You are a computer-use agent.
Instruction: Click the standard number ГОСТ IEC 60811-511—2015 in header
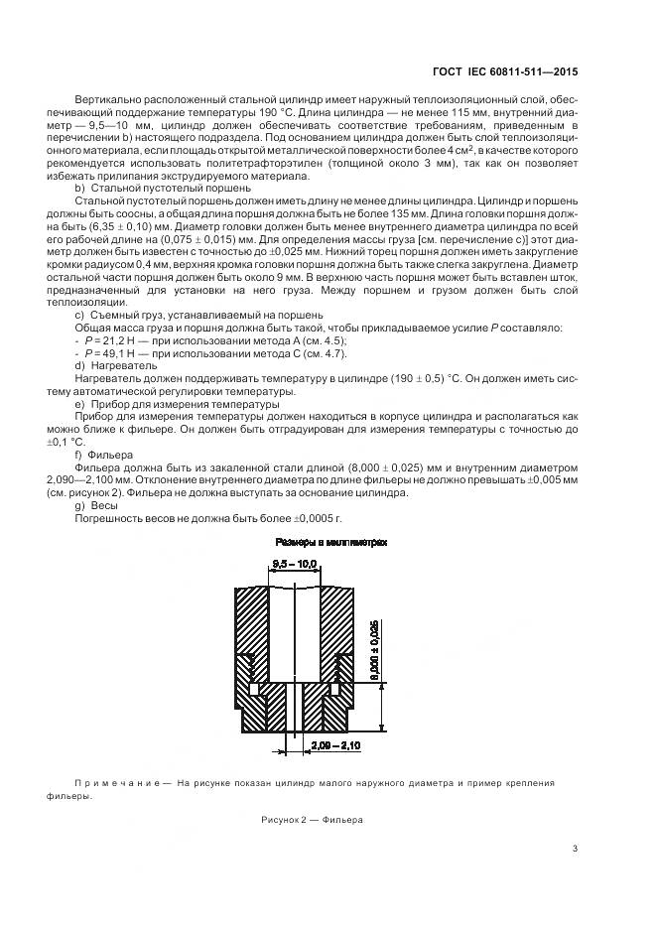(x=506, y=71)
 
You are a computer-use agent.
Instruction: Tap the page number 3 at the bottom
(x=576, y=848)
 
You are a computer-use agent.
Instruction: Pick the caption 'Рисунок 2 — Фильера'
(x=313, y=820)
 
